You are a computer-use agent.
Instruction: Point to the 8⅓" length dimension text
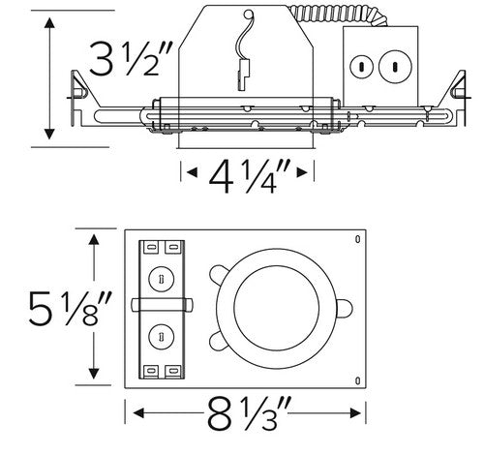click(x=248, y=417)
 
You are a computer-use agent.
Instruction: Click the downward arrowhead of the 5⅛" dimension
click(x=95, y=374)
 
